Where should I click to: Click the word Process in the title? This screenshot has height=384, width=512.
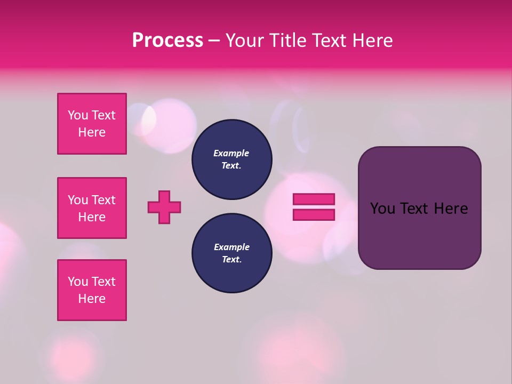[167, 41]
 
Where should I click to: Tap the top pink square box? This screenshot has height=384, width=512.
[92, 124]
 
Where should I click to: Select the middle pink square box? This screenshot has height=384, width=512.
[92, 208]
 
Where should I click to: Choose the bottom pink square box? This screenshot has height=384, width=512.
[92, 290]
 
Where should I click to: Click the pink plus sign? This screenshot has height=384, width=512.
[164, 207]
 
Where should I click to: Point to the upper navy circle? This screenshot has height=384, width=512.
[231, 159]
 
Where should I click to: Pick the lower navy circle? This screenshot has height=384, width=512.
[231, 253]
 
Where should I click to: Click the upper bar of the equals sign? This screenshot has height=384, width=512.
[314, 199]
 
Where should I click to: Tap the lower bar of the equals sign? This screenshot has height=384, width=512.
[314, 215]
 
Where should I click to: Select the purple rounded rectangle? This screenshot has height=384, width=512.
[419, 235]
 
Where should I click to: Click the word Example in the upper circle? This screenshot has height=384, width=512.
[231, 153]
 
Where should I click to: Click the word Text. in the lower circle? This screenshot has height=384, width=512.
[231, 260]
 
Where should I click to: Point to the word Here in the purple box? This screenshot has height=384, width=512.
[451, 209]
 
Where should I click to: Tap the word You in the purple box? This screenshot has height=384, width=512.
[382, 209]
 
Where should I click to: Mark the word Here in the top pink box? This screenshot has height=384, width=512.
[92, 132]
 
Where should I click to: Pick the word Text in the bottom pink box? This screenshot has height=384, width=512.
[103, 282]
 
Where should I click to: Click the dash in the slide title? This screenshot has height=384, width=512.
[214, 41]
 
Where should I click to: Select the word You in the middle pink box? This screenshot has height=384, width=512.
[78, 200]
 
